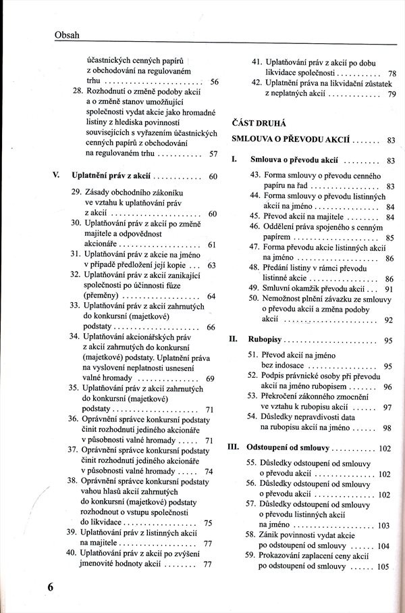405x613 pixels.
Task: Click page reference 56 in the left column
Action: pyautogui.click(x=214, y=82)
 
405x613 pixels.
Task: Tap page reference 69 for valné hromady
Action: pyautogui.click(x=210, y=378)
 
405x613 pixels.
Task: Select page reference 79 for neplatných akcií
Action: pyautogui.click(x=391, y=95)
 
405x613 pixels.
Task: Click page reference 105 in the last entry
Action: pyautogui.click(x=384, y=566)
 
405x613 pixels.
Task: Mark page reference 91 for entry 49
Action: pyautogui.click(x=389, y=289)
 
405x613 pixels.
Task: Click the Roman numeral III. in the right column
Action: pyautogui.click(x=234, y=447)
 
